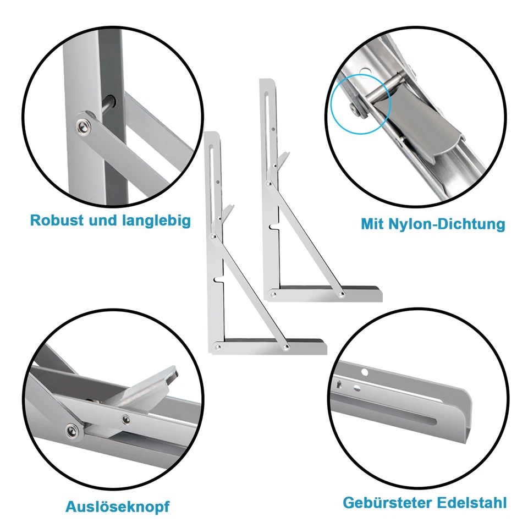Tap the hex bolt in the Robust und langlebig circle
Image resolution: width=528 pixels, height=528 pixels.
click(84, 127)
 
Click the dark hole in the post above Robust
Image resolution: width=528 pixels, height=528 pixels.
click(111, 101)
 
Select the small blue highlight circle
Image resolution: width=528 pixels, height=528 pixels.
click(360, 103)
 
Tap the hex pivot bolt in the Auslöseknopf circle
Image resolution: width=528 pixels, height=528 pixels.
click(72, 430)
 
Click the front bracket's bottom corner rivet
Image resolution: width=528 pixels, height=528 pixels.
click(218, 348)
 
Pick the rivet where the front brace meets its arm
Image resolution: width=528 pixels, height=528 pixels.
click(285, 348)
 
